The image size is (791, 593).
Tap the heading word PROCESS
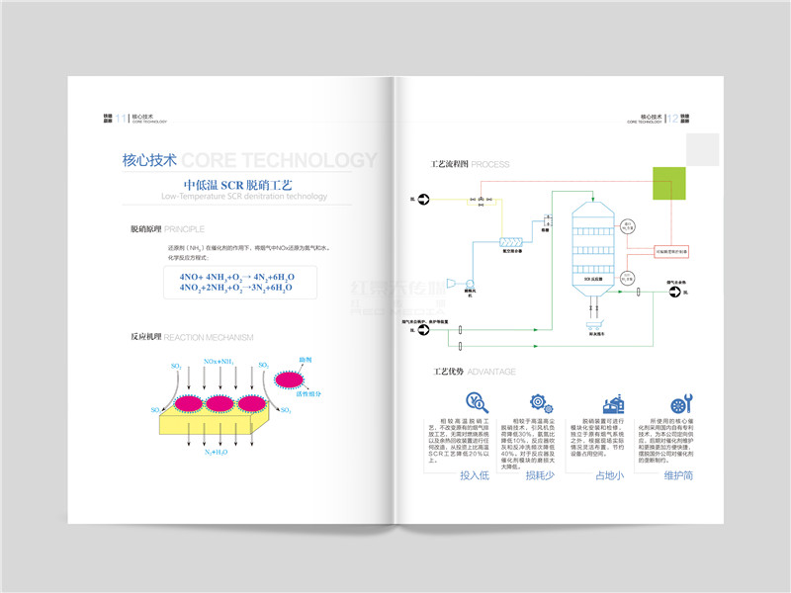490,163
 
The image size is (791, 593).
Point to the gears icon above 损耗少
540,402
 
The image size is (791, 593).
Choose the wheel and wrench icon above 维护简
679,403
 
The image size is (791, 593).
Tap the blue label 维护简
678,475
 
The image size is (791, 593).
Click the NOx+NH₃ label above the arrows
219,363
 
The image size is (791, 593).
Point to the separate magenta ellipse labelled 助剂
288,377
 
